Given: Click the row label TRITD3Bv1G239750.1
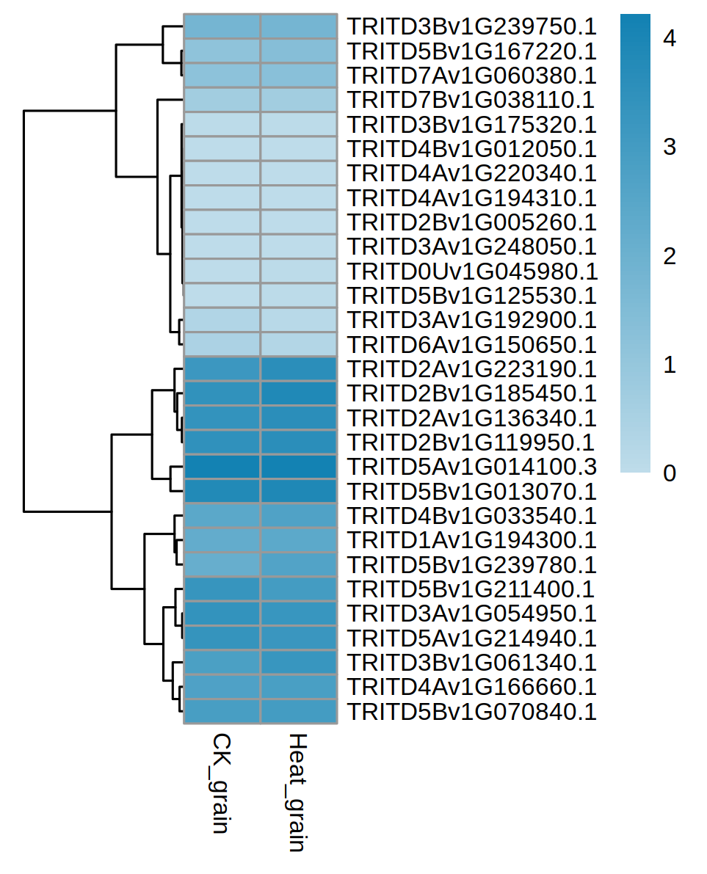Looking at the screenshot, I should click(471, 26).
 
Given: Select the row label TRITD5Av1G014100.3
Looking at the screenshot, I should click(471, 467).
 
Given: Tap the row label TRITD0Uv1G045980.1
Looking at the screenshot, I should click(472, 271).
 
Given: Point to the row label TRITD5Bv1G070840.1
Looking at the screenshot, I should click(471, 712).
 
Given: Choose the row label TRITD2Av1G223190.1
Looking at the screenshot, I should click(471, 368).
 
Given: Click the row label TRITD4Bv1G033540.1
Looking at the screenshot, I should click(471, 516).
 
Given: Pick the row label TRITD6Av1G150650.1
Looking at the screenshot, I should click(471, 344).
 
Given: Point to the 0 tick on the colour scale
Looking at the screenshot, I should click(669, 473).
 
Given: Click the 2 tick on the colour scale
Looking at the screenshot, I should click(669, 256).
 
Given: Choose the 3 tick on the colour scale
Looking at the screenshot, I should click(669, 148).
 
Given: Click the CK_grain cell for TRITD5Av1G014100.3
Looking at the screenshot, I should click(222, 467).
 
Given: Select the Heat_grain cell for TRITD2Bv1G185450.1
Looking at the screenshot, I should click(299, 393).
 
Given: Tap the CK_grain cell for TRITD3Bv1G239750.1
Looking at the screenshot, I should click(222, 26).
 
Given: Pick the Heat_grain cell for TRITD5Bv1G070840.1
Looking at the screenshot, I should click(299, 712).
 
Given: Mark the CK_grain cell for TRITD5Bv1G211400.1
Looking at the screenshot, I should click(222, 589).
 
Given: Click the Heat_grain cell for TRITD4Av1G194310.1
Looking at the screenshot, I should click(299, 197).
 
